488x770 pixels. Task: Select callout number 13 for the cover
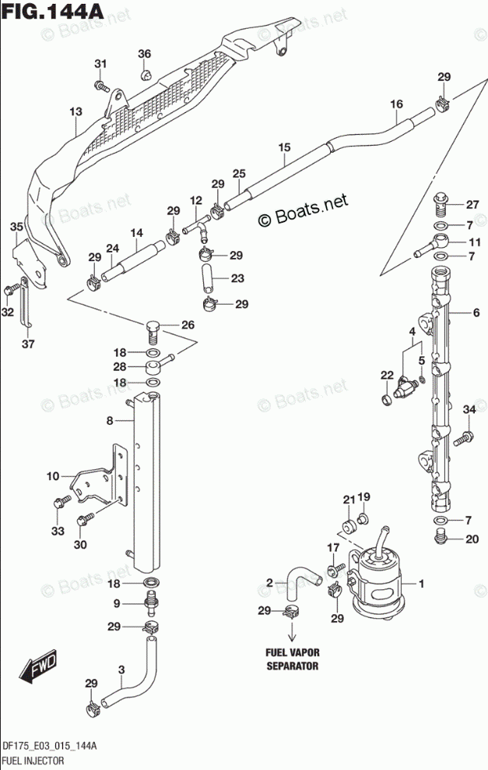click(x=75, y=112)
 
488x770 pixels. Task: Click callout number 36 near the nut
click(x=145, y=54)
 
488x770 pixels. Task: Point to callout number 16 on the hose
click(x=396, y=104)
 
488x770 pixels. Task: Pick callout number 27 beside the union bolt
click(x=472, y=205)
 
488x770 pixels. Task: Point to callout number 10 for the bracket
click(x=52, y=476)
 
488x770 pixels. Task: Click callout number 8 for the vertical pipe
click(x=110, y=421)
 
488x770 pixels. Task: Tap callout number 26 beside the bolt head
click(x=187, y=325)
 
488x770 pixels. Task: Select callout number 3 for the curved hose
click(x=121, y=669)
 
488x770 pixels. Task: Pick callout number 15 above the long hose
click(x=283, y=147)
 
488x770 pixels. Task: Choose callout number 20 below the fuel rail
click(x=472, y=539)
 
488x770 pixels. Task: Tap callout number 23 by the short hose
click(x=237, y=278)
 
